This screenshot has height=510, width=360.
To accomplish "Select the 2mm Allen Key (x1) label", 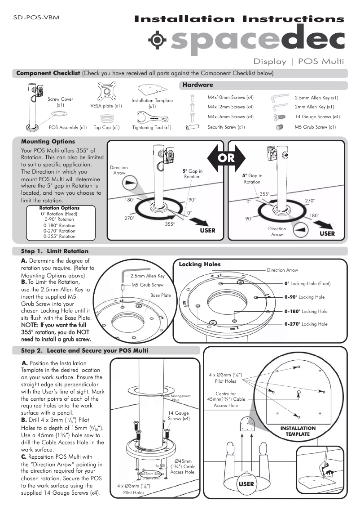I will click(314, 107).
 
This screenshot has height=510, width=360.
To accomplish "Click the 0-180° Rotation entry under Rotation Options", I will click(59, 225).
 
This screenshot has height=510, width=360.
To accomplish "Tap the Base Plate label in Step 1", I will click(160, 295).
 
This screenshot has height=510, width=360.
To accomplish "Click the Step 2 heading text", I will click(85, 350).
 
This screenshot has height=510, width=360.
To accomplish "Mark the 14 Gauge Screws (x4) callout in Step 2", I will click(179, 416).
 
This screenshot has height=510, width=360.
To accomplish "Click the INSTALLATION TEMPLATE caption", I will click(298, 431).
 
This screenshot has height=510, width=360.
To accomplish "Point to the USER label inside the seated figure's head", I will click(246, 484).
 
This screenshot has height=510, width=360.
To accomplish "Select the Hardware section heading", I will click(198, 85).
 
